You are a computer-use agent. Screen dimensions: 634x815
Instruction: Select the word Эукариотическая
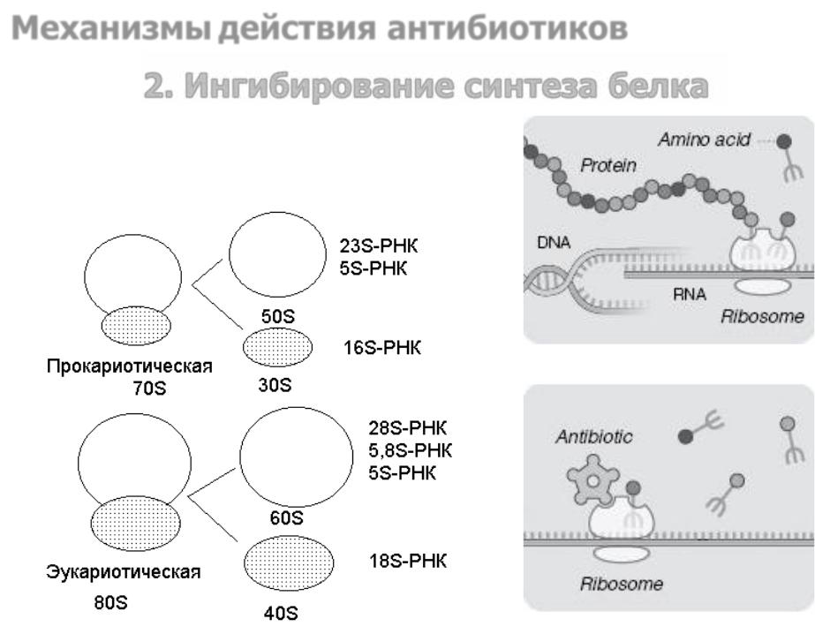[x=124, y=571]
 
